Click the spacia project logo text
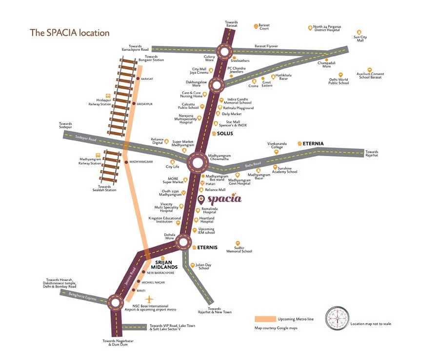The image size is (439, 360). pyautogui.click(x=224, y=199)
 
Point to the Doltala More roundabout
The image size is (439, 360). pyautogui.click(x=183, y=241)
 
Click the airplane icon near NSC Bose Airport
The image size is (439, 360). pyautogui.click(x=149, y=299)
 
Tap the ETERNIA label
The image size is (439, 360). pyautogui.click(x=313, y=143)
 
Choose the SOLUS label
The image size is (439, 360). pyautogui.click(x=225, y=133)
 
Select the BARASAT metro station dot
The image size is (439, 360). pyautogui.click(x=138, y=79)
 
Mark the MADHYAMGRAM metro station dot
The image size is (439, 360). pyautogui.click(x=127, y=161)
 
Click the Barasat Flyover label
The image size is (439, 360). pyautogui.click(x=266, y=46)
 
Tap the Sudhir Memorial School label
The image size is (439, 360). pyautogui.click(x=239, y=250)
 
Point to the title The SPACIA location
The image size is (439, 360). pyautogui.click(x=70, y=33)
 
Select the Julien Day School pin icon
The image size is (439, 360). pyautogui.click(x=193, y=266)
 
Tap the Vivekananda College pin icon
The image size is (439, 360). pyautogui.click(x=277, y=152)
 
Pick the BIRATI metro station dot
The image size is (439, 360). pyautogui.click(x=133, y=290)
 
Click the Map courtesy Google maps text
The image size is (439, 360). pyautogui.click(x=276, y=328)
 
